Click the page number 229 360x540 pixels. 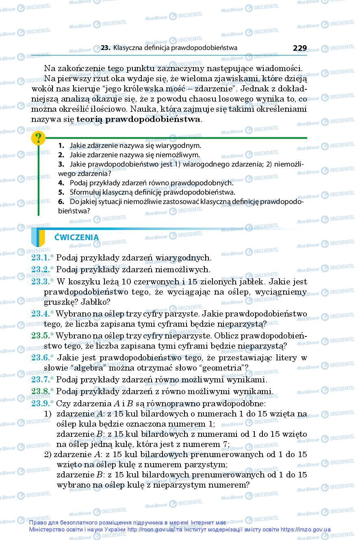pos(299,48)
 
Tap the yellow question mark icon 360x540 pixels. pos(38,139)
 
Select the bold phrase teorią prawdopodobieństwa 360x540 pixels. pos(138,119)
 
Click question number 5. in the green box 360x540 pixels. pos(61,192)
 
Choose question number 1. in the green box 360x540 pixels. pos(61,145)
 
